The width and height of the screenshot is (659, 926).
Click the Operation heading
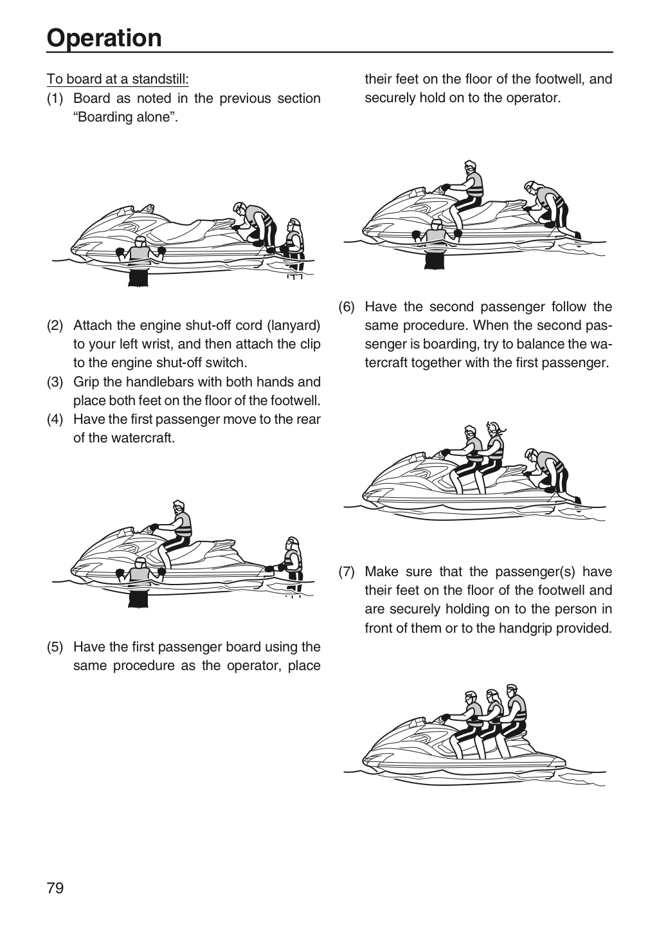point(104,38)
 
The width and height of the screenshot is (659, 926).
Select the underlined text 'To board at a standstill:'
point(118,79)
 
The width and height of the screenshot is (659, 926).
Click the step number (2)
point(55,326)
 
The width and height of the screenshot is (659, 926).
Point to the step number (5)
point(55,647)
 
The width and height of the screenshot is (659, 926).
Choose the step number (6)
point(347,307)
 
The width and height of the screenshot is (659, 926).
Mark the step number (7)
point(347,572)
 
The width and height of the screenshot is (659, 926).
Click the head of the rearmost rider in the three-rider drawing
point(512,689)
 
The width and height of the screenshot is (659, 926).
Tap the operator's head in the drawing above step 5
point(179,507)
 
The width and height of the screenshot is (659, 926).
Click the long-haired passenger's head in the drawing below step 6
point(494,429)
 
